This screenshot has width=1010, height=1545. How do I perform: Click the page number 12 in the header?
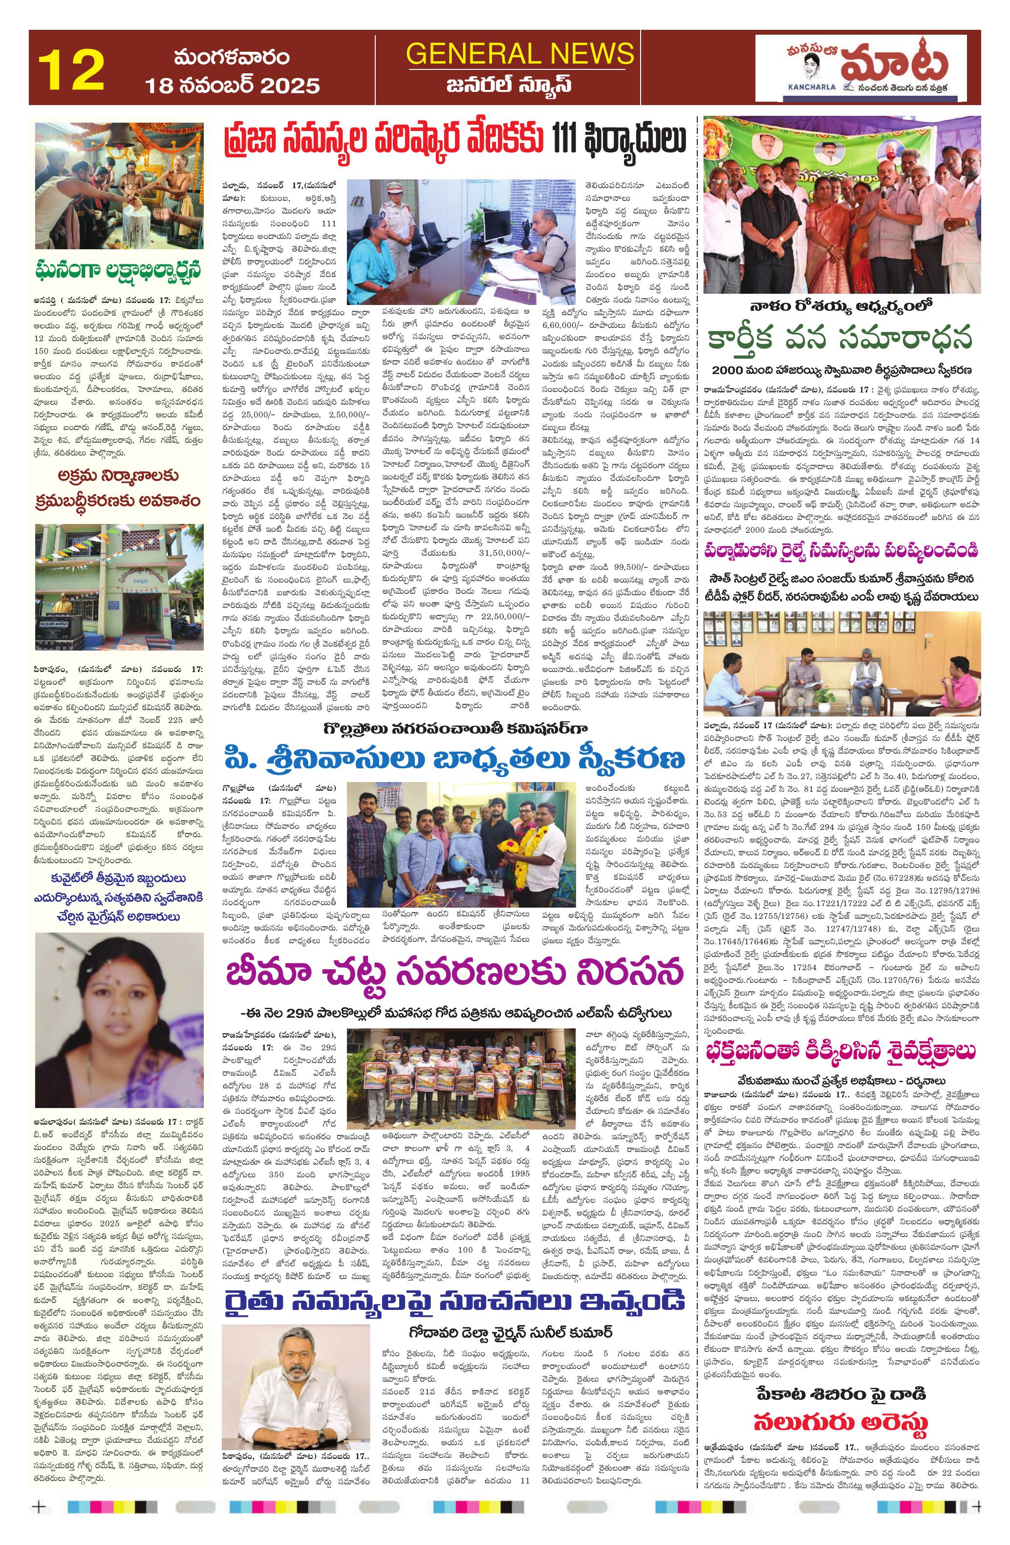click(x=71, y=69)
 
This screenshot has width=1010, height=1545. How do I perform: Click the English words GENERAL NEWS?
click(x=520, y=53)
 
